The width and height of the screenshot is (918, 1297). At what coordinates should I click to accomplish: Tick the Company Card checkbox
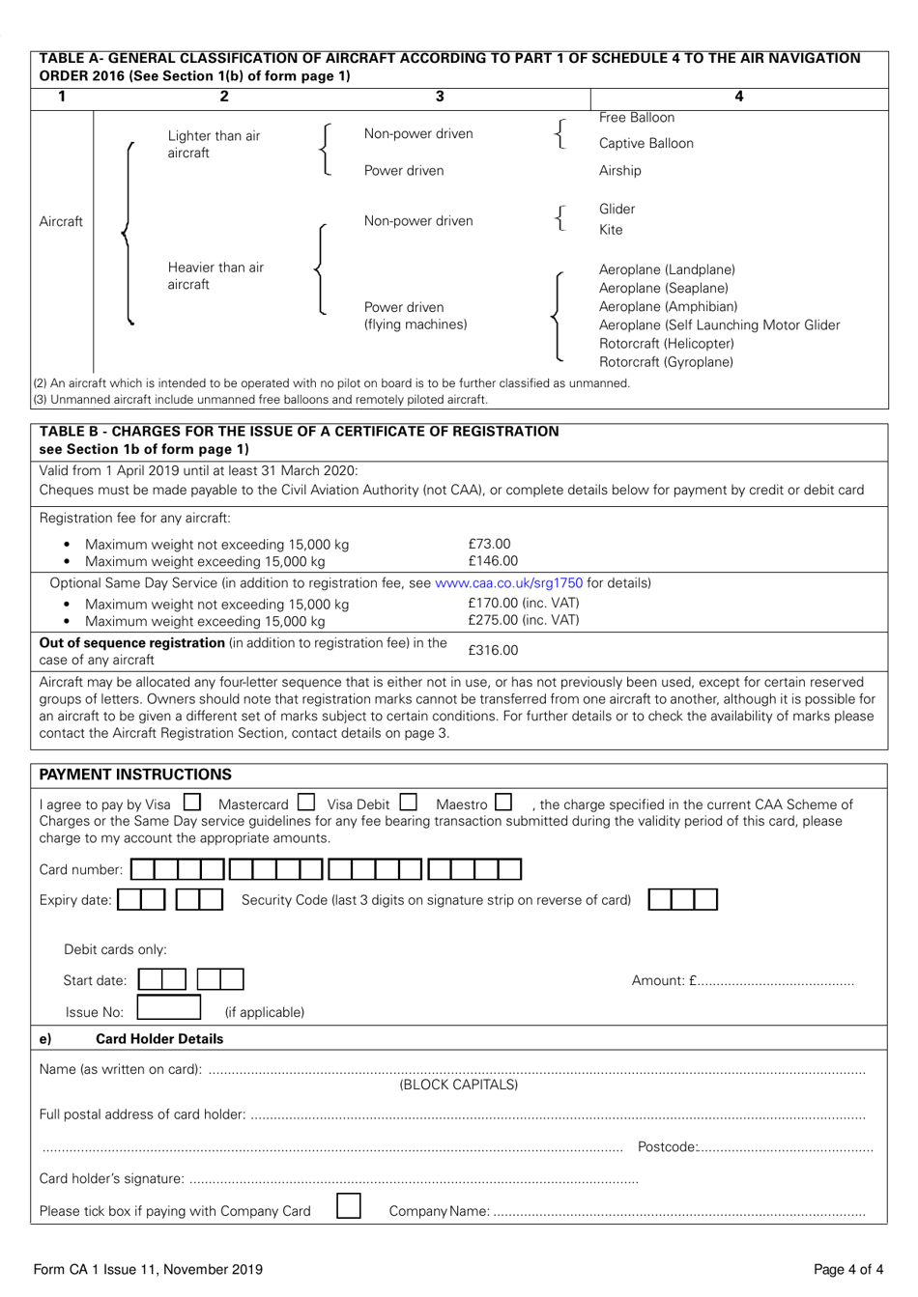click(x=349, y=1207)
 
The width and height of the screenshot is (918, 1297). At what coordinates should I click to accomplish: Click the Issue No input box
click(x=169, y=1009)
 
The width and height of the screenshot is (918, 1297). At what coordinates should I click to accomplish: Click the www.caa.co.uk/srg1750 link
click(x=509, y=583)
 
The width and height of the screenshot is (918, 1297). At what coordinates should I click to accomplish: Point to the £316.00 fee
click(x=493, y=651)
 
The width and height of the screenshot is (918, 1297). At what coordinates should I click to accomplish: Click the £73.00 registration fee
click(x=489, y=545)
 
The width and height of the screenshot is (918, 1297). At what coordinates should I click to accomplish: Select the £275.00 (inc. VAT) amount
click(x=524, y=620)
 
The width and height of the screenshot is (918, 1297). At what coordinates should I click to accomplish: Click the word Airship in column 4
click(x=619, y=171)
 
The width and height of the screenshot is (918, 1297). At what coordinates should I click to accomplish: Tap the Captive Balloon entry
click(x=645, y=144)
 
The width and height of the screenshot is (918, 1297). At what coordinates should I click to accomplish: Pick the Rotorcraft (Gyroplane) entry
click(x=666, y=362)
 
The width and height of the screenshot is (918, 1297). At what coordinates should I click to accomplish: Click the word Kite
click(x=611, y=230)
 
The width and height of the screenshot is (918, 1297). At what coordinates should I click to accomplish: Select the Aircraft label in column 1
click(x=61, y=222)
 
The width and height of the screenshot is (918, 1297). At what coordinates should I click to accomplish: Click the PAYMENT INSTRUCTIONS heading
click(x=135, y=775)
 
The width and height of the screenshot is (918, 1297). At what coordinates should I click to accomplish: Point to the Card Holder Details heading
click(x=159, y=1039)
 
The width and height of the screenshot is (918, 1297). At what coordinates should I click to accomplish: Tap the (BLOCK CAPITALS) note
click(x=459, y=1085)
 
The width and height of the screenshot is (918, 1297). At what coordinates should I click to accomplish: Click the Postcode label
click(x=667, y=1147)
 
